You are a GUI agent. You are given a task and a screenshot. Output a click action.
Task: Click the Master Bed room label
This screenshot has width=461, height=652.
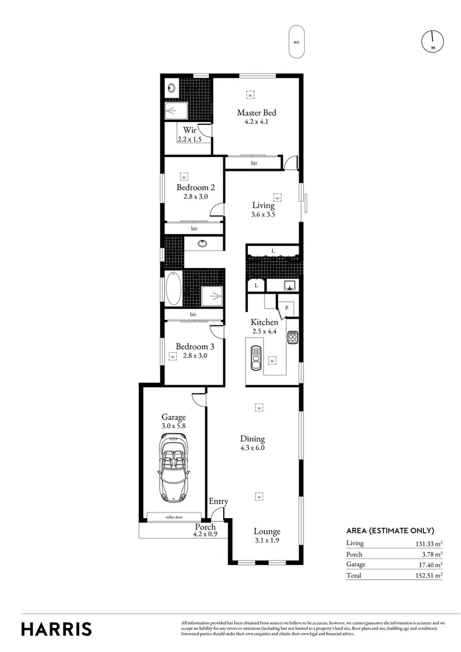[x=256, y=112]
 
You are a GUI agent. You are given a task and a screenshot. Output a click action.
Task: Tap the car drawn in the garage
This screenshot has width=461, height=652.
[x=174, y=471]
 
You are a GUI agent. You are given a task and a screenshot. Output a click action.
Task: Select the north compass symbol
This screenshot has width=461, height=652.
[x=433, y=40]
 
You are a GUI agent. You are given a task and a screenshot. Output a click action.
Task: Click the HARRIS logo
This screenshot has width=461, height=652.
[x=57, y=628]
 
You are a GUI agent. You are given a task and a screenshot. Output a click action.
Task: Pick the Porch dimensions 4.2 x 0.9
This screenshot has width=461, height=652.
[x=205, y=534]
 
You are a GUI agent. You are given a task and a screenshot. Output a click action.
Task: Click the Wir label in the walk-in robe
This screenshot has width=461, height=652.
[x=190, y=130]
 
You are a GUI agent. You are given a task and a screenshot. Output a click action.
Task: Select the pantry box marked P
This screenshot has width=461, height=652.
[x=287, y=307]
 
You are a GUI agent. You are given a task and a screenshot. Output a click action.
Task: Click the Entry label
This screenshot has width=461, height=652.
[x=218, y=502]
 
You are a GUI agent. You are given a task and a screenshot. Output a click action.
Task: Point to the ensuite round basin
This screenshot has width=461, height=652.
[x=172, y=88]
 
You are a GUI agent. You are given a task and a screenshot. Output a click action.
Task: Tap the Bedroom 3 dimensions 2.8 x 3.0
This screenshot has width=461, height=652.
[x=191, y=356]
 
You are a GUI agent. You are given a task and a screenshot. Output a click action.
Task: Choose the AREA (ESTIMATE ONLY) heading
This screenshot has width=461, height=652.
[x=390, y=531]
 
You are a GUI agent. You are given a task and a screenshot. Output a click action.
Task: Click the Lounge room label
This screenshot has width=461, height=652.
[x=267, y=532]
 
